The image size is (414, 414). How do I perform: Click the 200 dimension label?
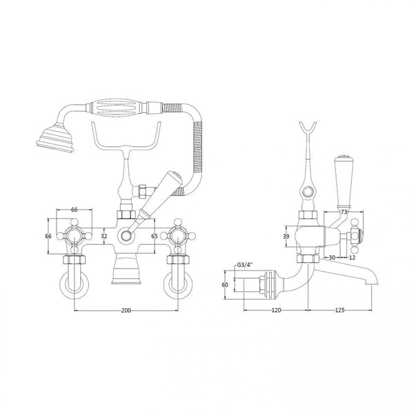pos(126,311)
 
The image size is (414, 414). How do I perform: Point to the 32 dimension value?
pos(104,236)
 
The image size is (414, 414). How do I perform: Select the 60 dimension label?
pos(226,284)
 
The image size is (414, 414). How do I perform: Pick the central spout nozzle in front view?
pos(126,270)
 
